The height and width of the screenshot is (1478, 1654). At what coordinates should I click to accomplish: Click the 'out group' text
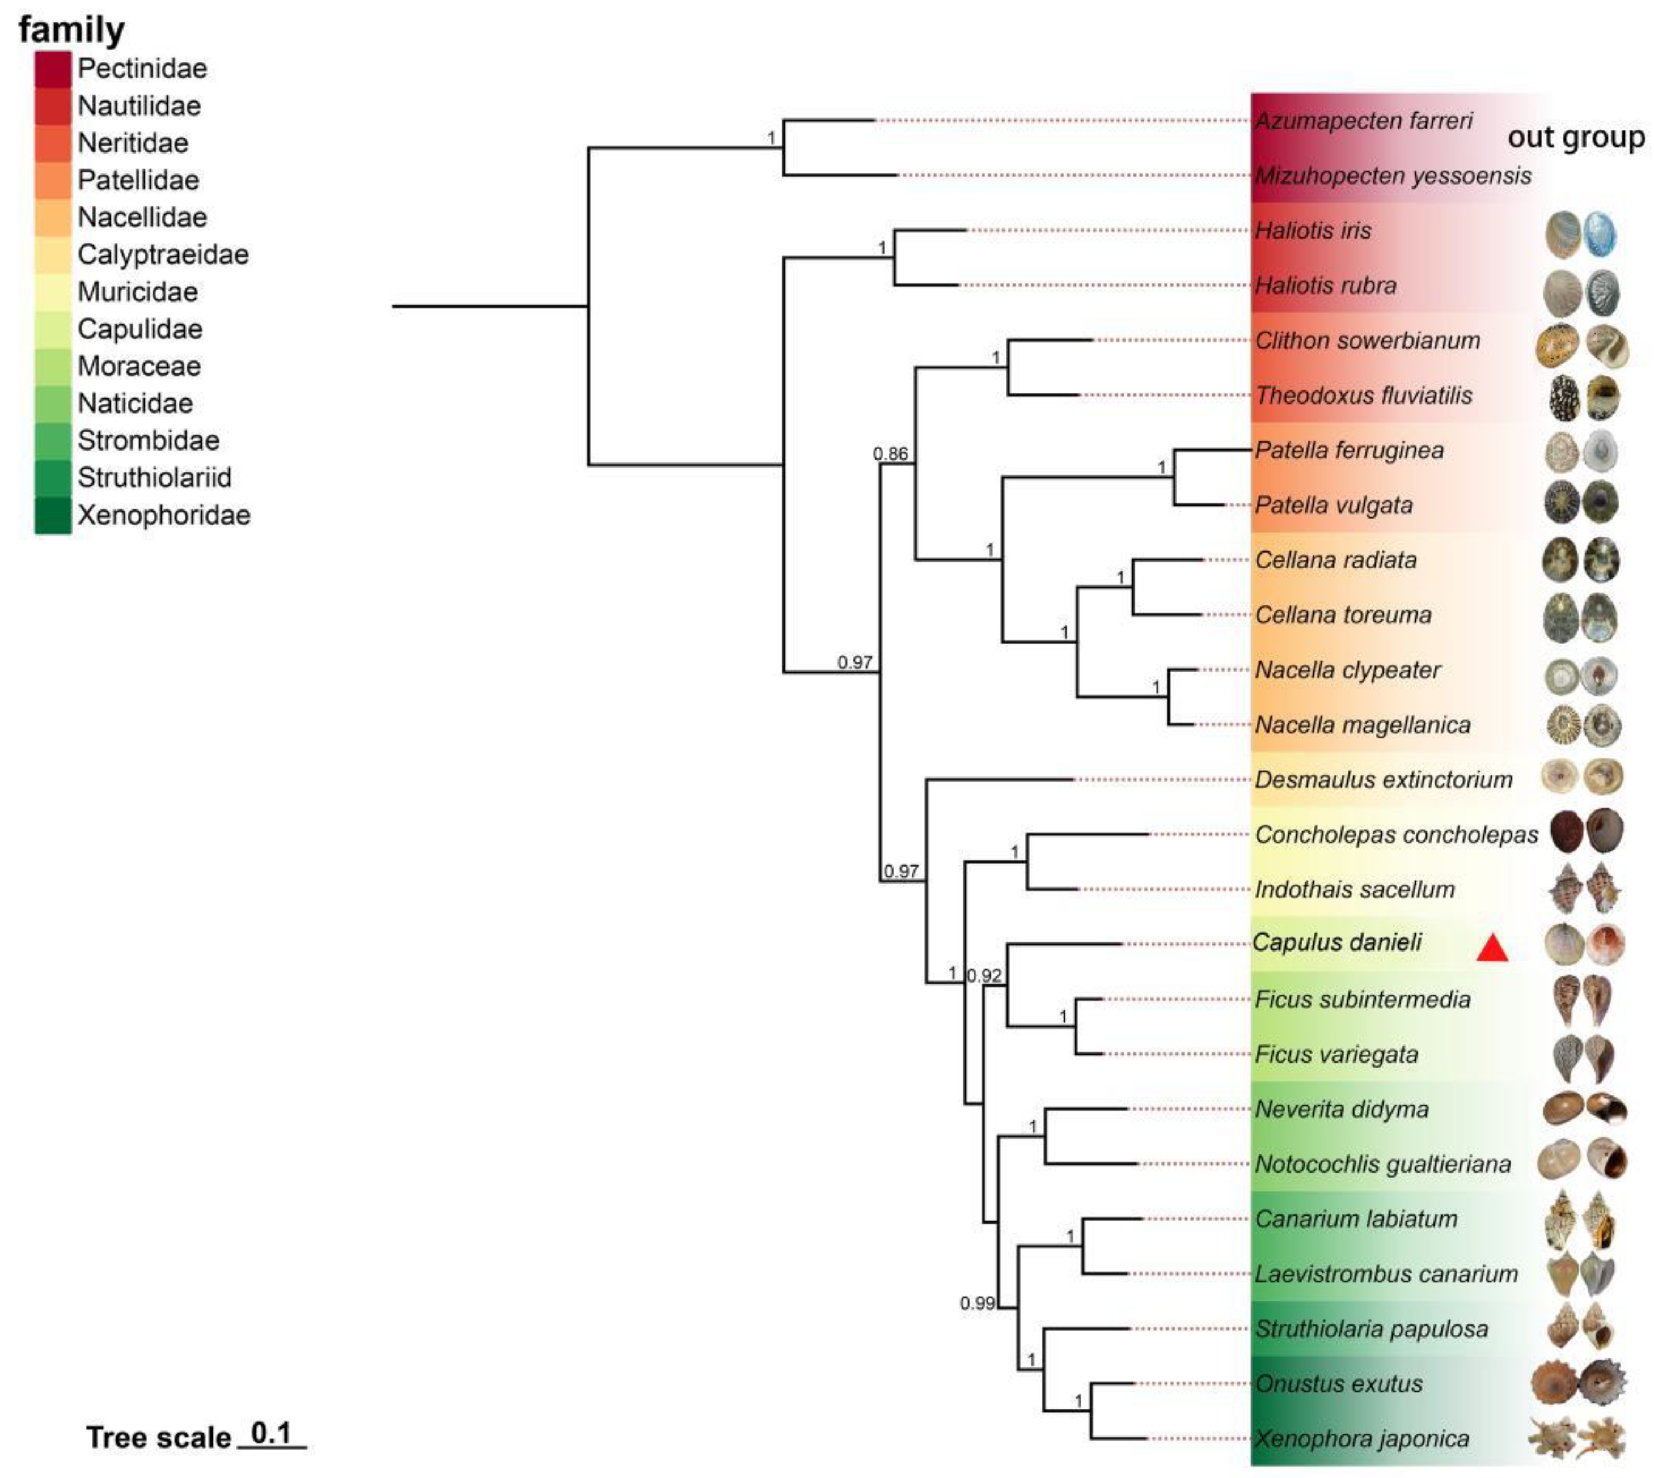point(1576,137)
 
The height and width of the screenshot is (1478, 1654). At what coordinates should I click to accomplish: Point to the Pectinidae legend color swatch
point(53,69)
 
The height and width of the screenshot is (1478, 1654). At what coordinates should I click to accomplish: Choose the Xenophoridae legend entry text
point(163,515)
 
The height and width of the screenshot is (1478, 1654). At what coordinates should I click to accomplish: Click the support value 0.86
point(890,454)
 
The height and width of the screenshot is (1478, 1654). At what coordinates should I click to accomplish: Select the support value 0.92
point(984,975)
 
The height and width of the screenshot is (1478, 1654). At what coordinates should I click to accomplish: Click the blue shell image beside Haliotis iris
point(1600,234)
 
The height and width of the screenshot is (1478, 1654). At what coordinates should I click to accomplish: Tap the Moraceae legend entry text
point(139,366)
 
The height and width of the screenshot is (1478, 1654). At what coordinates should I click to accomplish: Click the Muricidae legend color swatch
point(53,292)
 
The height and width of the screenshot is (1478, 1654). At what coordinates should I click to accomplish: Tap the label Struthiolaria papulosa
point(1371,1328)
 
